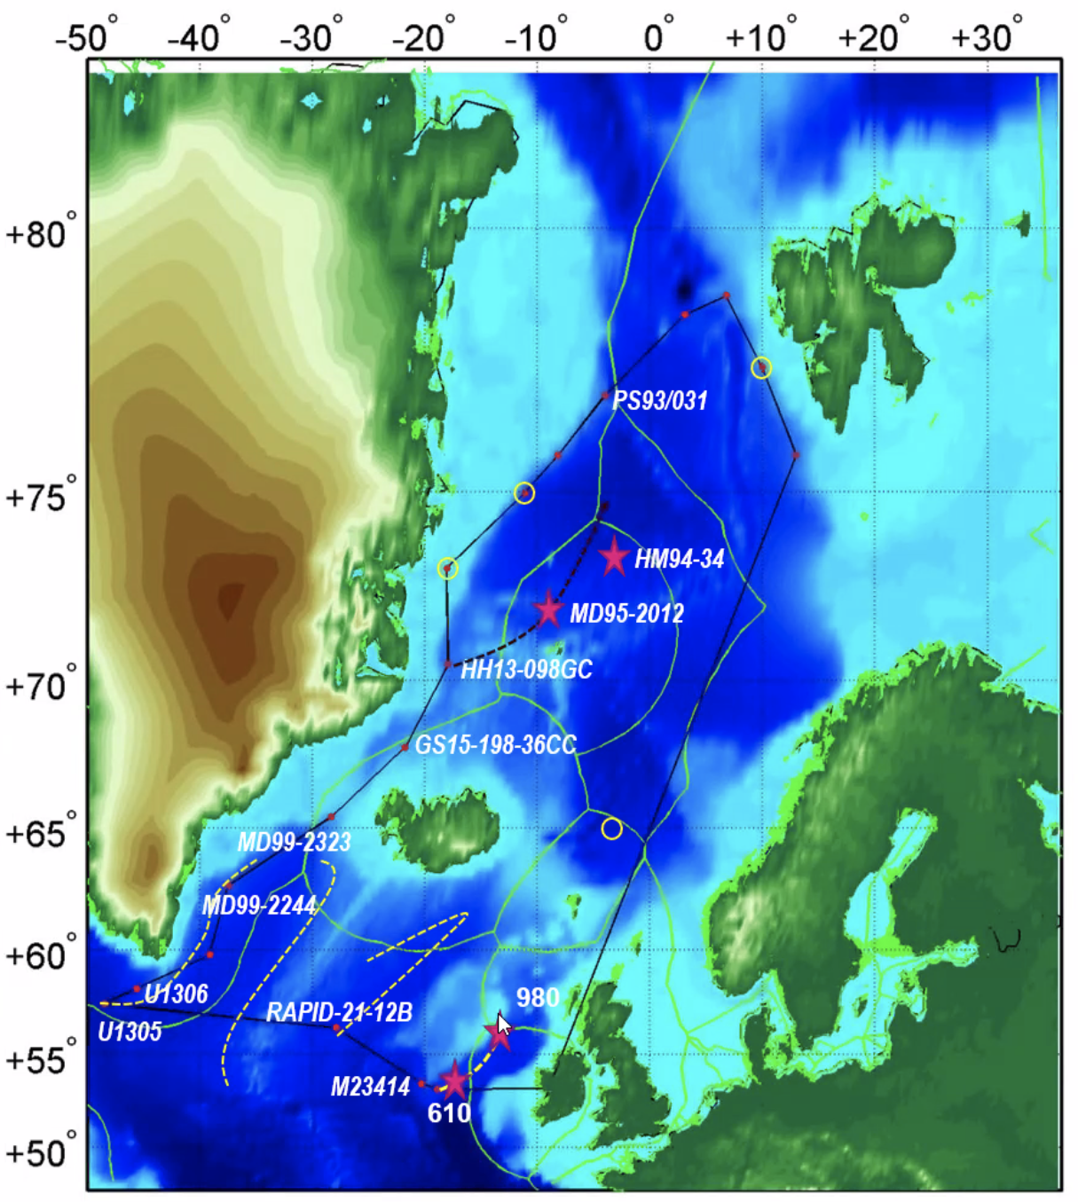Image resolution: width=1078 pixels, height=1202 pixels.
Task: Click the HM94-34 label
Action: click(679, 559)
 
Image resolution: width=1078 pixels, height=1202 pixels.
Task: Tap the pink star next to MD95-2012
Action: click(548, 609)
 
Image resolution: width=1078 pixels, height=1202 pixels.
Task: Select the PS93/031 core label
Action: click(660, 400)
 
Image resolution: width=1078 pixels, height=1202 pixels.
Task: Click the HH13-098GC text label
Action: click(526, 670)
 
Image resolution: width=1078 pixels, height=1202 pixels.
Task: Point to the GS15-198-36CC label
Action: click(495, 745)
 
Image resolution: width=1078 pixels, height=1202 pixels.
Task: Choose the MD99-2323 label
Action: click(294, 842)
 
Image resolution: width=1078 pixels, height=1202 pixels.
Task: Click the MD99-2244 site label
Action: click(259, 906)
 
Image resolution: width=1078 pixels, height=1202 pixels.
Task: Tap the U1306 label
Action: click(176, 994)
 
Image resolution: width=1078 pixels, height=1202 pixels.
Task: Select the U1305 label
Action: click(130, 1032)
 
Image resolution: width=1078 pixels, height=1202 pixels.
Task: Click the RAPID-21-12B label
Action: click(339, 1012)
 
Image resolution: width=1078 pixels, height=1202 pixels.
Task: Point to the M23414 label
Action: click(370, 1087)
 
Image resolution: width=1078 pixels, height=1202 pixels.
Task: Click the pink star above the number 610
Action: click(454, 1080)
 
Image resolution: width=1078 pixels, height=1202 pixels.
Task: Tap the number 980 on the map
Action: click(538, 998)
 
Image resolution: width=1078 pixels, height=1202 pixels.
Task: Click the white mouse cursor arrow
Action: click(503, 1025)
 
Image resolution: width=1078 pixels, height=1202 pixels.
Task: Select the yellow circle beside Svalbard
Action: click(761, 367)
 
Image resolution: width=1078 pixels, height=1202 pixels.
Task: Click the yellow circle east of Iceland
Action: click(611, 829)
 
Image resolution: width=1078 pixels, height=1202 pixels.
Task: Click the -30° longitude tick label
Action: click(310, 38)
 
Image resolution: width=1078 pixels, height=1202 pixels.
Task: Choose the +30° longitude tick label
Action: click(986, 38)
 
